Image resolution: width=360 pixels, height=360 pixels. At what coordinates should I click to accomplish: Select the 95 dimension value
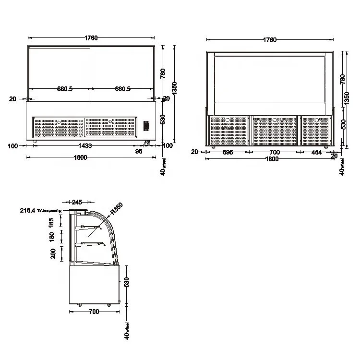pos(139,152)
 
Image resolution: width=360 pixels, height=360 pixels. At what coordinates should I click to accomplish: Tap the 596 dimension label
pos(228,152)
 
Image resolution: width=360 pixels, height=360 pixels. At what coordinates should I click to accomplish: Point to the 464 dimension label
pos(316,152)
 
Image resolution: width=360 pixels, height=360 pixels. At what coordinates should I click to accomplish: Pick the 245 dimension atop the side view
pos(77,203)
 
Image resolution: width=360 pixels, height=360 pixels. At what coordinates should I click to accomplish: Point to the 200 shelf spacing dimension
pos(53,253)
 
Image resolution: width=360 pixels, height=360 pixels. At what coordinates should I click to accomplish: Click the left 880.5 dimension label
pos(65,89)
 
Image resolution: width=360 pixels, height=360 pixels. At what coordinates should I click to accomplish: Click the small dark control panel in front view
pos(146,126)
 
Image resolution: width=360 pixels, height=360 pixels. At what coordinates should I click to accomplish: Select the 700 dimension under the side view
pos(94,312)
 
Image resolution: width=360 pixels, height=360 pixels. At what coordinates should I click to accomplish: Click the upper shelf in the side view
pos(92,227)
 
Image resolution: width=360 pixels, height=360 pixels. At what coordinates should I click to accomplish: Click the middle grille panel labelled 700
pos(274,130)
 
